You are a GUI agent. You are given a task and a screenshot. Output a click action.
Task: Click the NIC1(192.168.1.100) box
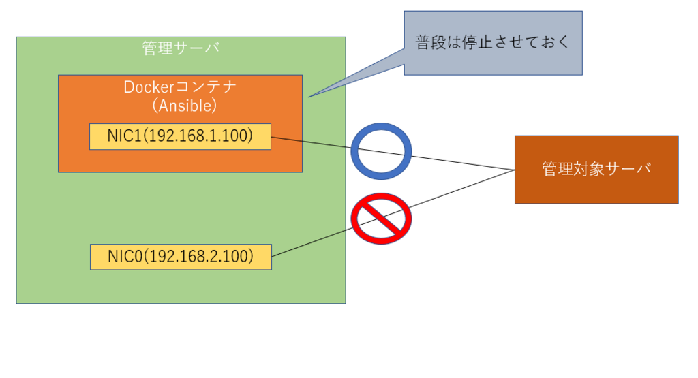pyautogui.click(x=180, y=136)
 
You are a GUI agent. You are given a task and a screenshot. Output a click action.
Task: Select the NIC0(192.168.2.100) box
pyautogui.click(x=181, y=257)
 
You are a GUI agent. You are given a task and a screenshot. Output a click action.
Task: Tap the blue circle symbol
pyautogui.click(x=381, y=151)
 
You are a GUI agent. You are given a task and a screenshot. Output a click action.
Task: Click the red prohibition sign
pyautogui.click(x=381, y=219)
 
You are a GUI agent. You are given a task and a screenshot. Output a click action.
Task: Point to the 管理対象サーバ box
pyautogui.click(x=596, y=170)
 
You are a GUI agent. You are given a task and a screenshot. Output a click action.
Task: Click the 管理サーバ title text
pyautogui.click(x=181, y=48)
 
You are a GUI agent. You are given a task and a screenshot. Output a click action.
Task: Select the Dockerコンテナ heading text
pyautogui.click(x=180, y=86)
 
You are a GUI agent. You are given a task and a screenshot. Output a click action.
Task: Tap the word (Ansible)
pyautogui.click(x=184, y=106)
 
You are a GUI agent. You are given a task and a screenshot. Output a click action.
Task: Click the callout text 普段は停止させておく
pyautogui.click(x=492, y=42)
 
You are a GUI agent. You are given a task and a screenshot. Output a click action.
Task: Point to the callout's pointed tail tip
pyautogui.click(x=309, y=97)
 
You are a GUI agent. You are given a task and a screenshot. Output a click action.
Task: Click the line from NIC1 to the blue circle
pyautogui.click(x=311, y=142)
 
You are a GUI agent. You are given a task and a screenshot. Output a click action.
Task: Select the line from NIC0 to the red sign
pyautogui.click(x=312, y=242)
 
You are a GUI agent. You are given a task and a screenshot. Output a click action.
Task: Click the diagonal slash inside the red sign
pyautogui.click(x=381, y=219)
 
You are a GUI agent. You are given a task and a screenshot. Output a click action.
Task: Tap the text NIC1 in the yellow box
pyautogui.click(x=124, y=136)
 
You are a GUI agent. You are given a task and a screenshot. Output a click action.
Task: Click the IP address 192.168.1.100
pyautogui.click(x=198, y=136)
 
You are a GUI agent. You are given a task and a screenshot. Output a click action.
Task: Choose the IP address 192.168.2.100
pyautogui.click(x=198, y=257)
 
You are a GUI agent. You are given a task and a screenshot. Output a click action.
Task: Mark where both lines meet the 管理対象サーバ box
pyautogui.click(x=515, y=170)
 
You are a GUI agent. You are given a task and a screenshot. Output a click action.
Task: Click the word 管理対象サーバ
pyautogui.click(x=596, y=169)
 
